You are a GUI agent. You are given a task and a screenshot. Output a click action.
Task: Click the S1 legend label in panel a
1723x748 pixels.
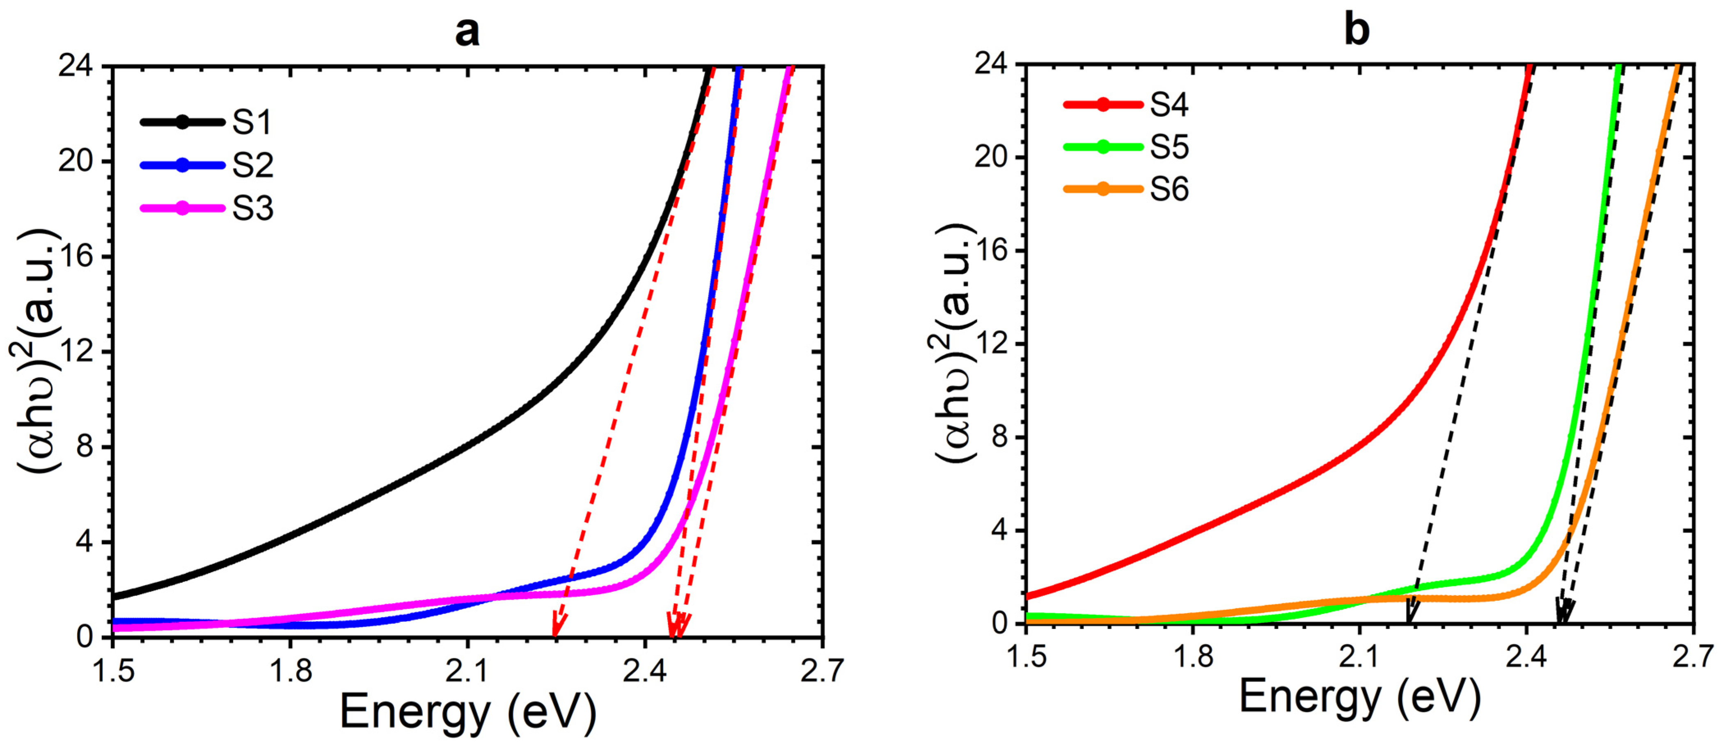(x=252, y=122)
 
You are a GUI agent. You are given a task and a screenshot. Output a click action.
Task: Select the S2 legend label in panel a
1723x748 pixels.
(x=252, y=166)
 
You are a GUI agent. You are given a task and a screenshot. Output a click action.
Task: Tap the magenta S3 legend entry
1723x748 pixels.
(x=252, y=209)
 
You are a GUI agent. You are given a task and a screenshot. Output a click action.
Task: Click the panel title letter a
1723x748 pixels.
(x=467, y=32)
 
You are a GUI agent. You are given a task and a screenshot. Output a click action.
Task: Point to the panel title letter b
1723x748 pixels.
(x=1356, y=30)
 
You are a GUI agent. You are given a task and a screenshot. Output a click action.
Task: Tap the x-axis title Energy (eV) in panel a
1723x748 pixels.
(x=467, y=712)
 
